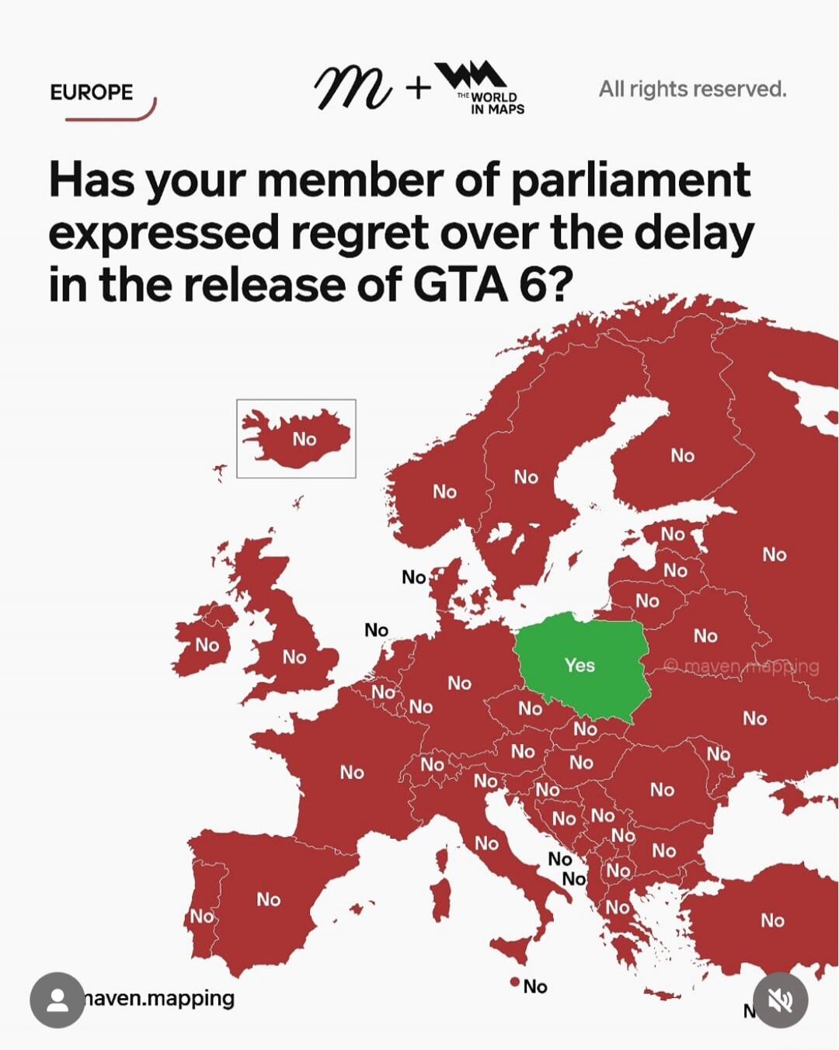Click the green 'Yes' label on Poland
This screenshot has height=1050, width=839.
[580, 665]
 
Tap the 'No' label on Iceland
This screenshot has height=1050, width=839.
[305, 439]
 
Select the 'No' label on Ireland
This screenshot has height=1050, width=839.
[207, 645]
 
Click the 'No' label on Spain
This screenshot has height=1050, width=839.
[269, 899]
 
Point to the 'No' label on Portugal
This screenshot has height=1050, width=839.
[202, 916]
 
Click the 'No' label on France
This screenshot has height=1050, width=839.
[352, 772]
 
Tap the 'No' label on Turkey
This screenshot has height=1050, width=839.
[772, 920]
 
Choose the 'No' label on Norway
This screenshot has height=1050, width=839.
[445, 491]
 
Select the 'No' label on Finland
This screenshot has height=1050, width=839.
[683, 455]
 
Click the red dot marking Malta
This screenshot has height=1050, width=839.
[514, 982]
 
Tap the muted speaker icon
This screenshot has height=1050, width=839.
[780, 1000]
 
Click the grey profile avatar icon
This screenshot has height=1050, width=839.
[57, 1000]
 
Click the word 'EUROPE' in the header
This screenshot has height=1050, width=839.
[92, 92]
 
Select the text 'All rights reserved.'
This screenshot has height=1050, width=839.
[692, 89]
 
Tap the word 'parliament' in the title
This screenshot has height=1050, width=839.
[631, 180]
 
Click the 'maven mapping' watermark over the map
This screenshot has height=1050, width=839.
[742, 666]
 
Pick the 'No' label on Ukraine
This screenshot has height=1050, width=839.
[754, 718]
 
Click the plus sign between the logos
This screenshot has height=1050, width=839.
[418, 88]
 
